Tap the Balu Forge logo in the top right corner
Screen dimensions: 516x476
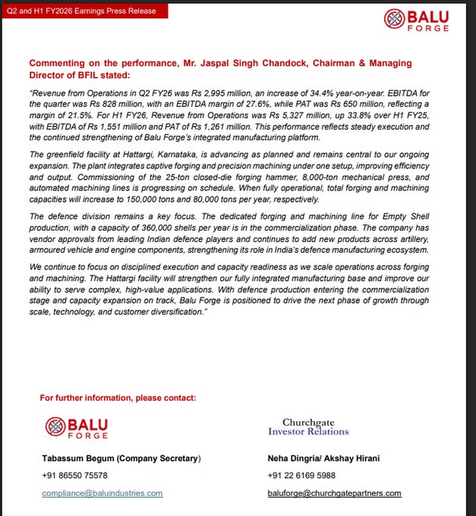417,20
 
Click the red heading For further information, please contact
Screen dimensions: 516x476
118,398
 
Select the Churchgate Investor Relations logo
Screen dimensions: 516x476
308,426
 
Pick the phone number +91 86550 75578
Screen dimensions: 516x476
74,475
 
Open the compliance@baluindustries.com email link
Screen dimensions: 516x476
102,493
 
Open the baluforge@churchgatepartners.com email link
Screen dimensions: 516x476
334,493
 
